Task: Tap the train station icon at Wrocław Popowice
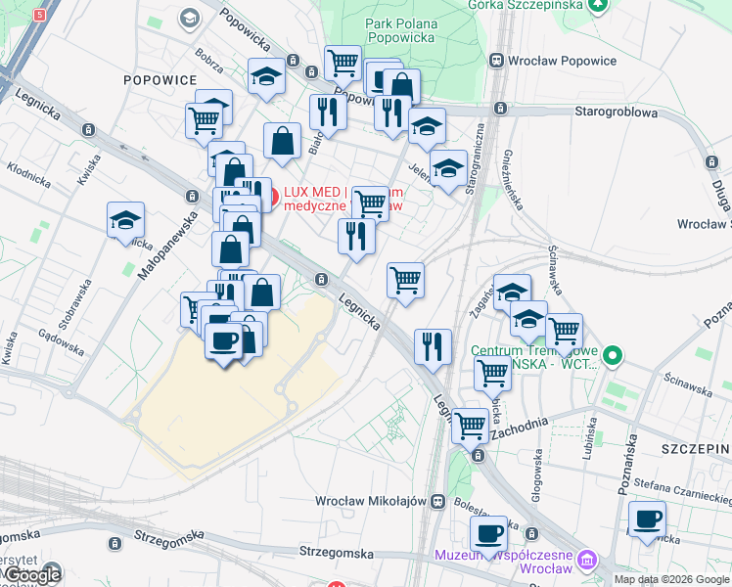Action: pyautogui.click(x=498, y=60)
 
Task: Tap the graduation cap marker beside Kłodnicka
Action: pyautogui.click(x=126, y=219)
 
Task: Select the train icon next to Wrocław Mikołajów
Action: pyautogui.click(x=437, y=501)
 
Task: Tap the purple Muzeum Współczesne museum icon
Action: pyautogui.click(x=586, y=562)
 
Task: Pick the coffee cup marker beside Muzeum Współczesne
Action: pyautogui.click(x=488, y=533)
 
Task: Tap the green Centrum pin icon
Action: pyautogui.click(x=613, y=354)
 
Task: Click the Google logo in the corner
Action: pyautogui.click(x=31, y=575)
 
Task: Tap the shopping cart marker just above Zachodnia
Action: pyautogui.click(x=470, y=425)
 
